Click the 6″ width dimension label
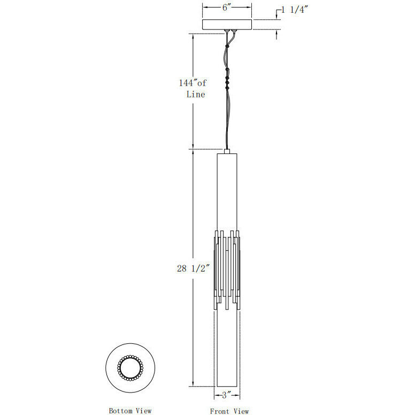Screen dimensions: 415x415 click(227, 7)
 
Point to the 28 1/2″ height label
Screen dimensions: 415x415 click(193, 268)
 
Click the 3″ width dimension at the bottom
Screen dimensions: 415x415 click(227, 395)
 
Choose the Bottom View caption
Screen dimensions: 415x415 click(130, 411)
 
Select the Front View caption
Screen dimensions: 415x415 click(229, 411)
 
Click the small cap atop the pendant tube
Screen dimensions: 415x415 click(227, 152)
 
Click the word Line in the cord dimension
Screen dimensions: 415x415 click(195, 94)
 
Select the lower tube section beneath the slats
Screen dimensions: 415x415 click(227, 348)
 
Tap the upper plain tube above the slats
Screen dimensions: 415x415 click(227, 193)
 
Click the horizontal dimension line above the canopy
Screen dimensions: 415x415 click(214, 7)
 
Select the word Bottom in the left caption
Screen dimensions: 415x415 click(120, 411)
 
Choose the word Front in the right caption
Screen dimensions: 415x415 click(219, 411)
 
